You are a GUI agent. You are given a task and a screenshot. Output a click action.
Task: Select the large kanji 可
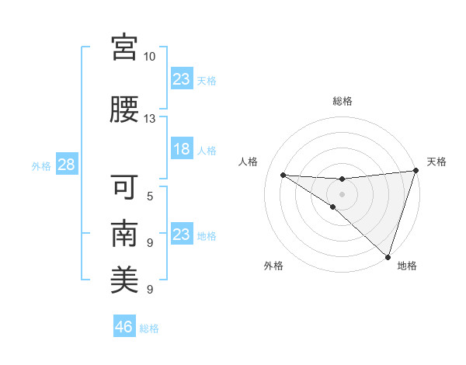[124, 187]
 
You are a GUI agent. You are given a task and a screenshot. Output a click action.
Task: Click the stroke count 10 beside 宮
[150, 57]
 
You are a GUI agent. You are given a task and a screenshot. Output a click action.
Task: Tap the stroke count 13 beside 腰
[150, 119]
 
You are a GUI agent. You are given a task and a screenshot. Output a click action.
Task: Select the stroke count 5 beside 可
[150, 196]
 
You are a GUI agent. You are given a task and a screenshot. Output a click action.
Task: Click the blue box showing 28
[66, 165]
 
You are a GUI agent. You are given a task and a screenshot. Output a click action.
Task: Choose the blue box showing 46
[124, 327]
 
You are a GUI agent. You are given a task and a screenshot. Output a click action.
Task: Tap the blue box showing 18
[182, 149]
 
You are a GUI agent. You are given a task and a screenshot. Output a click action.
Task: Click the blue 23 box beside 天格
[182, 79]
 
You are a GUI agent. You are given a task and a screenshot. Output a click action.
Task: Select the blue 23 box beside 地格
[182, 235]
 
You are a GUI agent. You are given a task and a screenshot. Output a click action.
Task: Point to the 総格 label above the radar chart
[343, 101]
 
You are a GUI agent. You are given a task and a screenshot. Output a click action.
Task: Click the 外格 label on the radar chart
[273, 266]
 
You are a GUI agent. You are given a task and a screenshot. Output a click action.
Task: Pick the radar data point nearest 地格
[388, 256]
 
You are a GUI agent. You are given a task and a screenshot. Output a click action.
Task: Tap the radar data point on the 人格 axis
[283, 175]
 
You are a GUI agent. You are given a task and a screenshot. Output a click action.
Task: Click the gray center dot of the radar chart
[343, 193]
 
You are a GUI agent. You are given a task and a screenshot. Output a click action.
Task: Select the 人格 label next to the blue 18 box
[207, 150]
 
